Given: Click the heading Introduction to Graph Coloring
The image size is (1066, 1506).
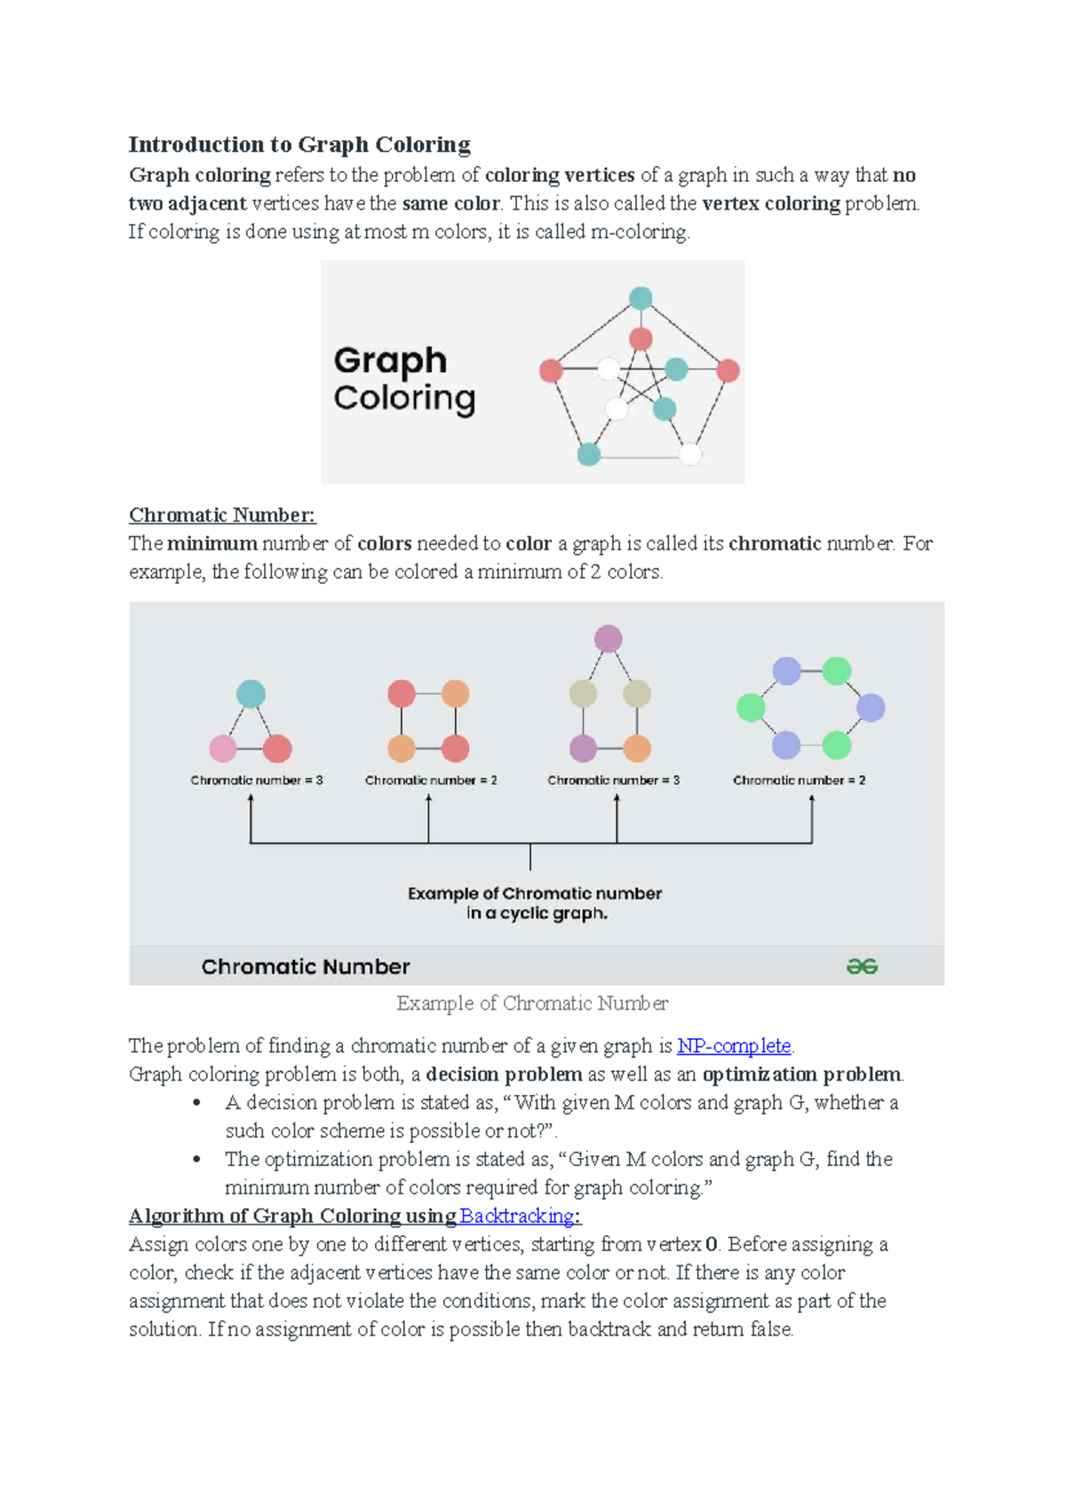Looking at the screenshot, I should pos(299,145).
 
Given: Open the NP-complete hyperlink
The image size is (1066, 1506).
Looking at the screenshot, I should pos(734,1046).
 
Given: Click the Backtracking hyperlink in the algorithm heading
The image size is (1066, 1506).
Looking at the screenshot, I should pos(517,1216).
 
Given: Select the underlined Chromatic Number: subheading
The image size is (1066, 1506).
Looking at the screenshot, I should pos(222,515).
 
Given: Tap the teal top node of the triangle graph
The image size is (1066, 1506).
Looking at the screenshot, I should pos(251,694).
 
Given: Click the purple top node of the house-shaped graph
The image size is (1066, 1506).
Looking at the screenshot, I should pos(609,638).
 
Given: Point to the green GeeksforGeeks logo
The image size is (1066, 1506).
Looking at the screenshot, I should pos(862,966).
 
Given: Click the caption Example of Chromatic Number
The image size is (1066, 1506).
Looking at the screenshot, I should pos(532,1003).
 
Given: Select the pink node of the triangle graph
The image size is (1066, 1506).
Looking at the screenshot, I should pos(222,749).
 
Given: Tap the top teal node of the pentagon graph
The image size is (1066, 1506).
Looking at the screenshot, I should pos(640,298).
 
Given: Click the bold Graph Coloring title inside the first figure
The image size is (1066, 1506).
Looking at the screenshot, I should pos(404,379).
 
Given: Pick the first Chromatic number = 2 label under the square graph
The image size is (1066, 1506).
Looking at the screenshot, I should pos(431,781).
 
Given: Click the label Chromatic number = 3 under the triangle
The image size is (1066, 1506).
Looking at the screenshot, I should pos(257,781).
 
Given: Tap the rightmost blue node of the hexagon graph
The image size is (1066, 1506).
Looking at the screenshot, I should pos(871,708).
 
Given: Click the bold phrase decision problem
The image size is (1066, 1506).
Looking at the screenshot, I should pos(504,1074).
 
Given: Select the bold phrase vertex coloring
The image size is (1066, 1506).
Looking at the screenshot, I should pos(770,203).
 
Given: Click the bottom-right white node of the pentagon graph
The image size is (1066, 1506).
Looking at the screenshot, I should pos(690,455).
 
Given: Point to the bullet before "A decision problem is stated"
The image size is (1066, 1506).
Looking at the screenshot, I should pos(197,1103).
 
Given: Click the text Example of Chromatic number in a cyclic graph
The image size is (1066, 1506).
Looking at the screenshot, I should pos(535,903).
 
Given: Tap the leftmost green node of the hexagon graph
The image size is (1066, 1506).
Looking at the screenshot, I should pos(751,708).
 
